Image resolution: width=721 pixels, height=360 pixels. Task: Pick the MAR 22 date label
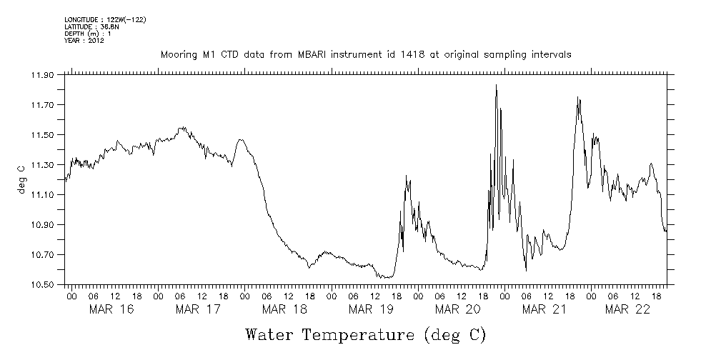tap(627, 309)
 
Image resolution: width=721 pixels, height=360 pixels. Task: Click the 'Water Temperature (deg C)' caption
tap(366, 334)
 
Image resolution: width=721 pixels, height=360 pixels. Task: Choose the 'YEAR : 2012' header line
tap(84, 41)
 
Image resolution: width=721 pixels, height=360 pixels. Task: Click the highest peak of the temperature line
tap(496, 85)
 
